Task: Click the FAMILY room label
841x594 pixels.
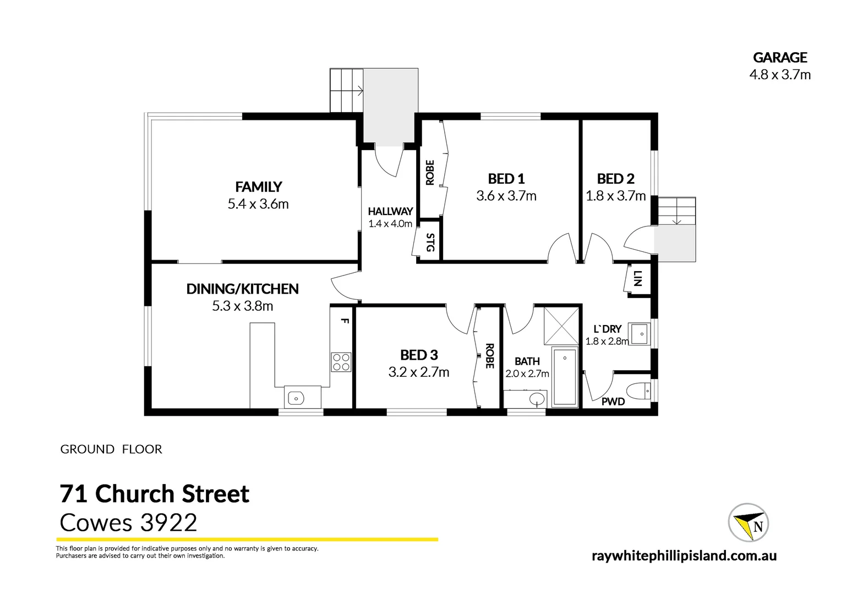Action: (x=258, y=186)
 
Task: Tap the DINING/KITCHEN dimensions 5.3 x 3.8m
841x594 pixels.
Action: (x=242, y=306)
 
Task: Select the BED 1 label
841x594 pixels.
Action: (x=506, y=178)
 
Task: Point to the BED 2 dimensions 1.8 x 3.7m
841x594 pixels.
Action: (x=615, y=196)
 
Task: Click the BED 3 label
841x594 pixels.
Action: (x=419, y=355)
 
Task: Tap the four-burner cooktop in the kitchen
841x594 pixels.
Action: (x=341, y=362)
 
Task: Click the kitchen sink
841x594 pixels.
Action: (x=296, y=397)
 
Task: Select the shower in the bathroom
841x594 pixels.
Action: (x=561, y=326)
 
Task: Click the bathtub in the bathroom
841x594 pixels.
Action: (x=564, y=377)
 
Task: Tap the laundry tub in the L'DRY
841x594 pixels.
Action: (x=640, y=334)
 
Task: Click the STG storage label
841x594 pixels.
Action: (x=430, y=243)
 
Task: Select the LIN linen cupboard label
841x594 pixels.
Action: (x=637, y=279)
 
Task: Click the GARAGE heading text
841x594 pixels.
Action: (x=779, y=57)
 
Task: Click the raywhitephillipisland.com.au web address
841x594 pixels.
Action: (x=684, y=555)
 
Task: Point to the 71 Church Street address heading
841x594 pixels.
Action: (x=155, y=493)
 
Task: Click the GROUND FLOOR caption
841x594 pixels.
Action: (x=111, y=449)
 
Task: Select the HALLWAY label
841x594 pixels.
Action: (x=390, y=211)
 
